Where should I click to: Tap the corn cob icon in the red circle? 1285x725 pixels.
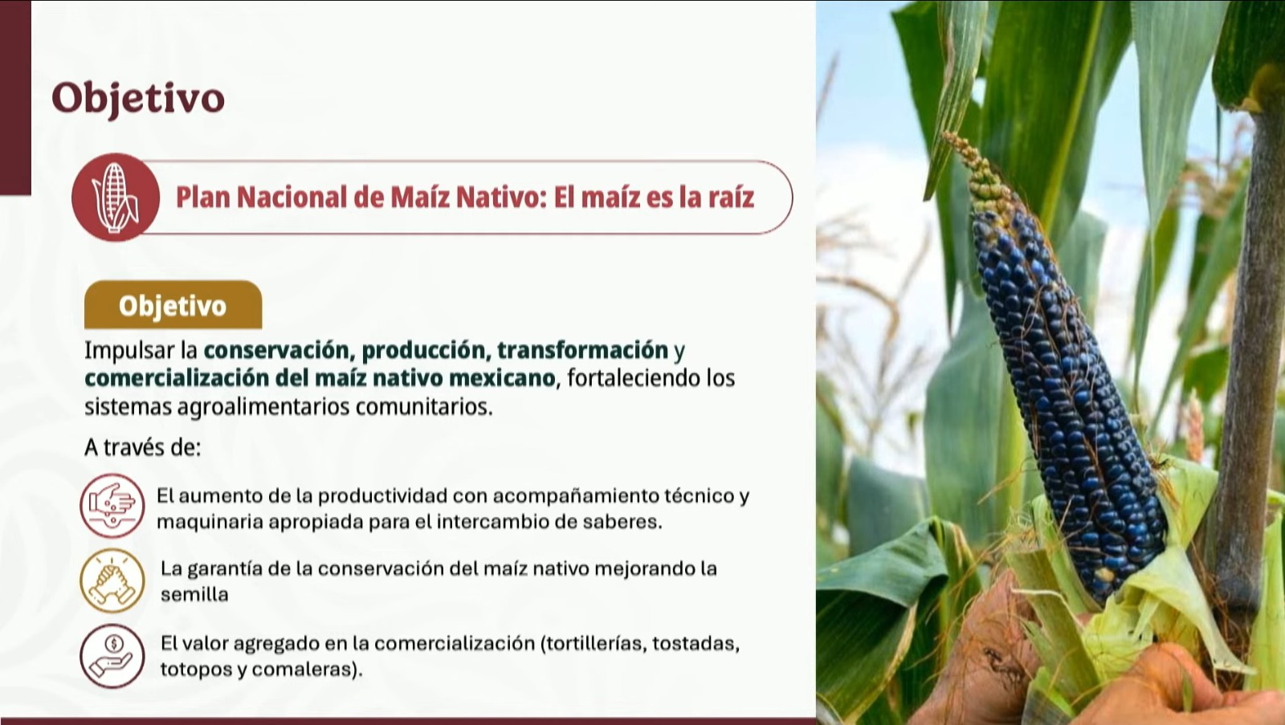click(116, 197)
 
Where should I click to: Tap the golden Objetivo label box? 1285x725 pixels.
click(173, 304)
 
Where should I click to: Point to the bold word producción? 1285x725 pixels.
click(426, 350)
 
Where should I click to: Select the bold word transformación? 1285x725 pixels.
click(582, 350)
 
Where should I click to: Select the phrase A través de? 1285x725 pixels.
click(142, 447)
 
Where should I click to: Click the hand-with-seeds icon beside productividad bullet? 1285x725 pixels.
click(112, 506)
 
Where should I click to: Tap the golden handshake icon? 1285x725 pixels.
click(112, 580)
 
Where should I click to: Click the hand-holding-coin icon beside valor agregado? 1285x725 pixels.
click(112, 656)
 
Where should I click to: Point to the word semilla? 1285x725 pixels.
click(194, 594)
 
